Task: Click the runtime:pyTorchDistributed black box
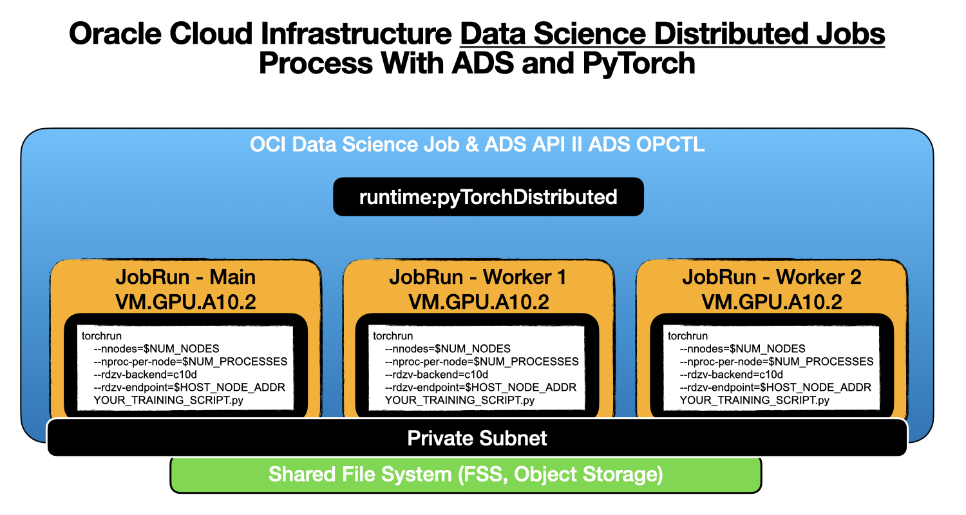[488, 196]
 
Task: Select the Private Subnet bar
[477, 438]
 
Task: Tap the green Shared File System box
[466, 475]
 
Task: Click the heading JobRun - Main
[185, 277]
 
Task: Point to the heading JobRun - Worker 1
[478, 277]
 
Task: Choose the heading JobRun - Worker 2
[772, 277]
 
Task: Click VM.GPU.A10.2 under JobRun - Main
[185, 301]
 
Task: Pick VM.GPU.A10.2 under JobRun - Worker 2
[772, 301]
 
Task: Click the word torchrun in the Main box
[102, 336]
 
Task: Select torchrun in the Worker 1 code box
[393, 336]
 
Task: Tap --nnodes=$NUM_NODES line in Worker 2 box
[742, 349]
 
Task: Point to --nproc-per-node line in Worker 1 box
[481, 362]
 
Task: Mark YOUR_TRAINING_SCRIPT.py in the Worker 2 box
[754, 400]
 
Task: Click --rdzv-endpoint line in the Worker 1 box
[480, 388]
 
